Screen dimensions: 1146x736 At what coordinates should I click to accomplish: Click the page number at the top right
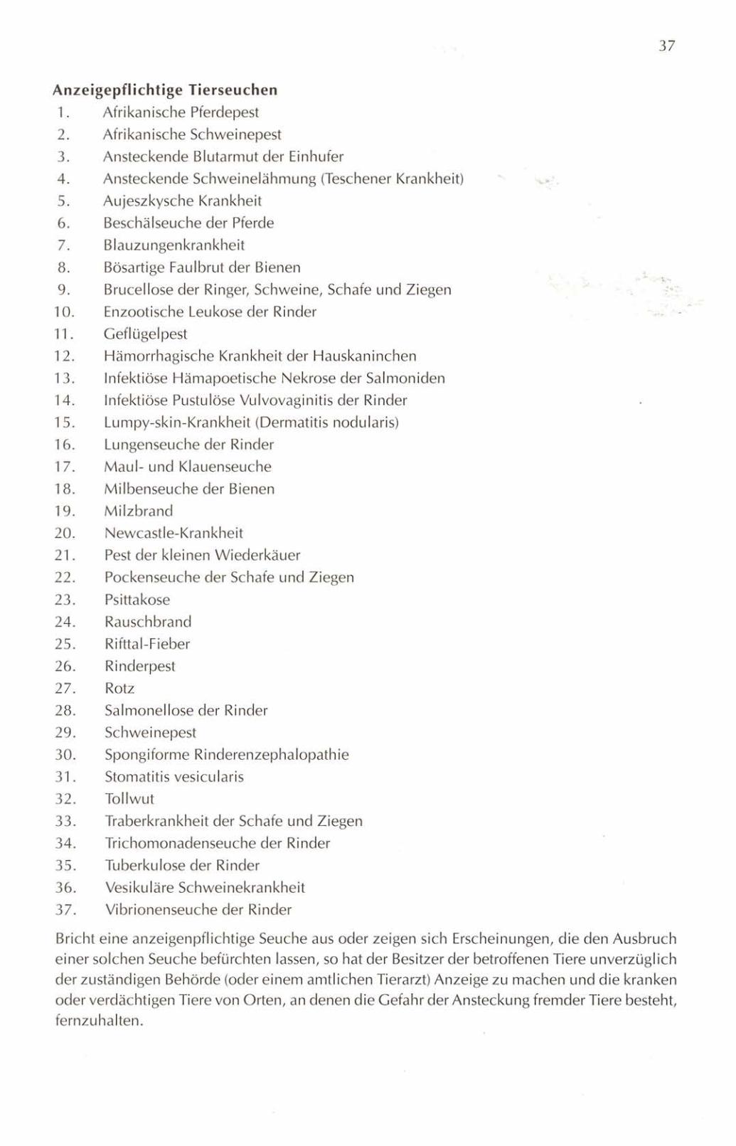(x=666, y=46)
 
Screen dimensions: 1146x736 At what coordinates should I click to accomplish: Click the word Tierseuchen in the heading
(x=233, y=90)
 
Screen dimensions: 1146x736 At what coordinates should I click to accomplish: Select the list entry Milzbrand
(x=139, y=511)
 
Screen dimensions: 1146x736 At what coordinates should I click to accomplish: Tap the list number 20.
(x=65, y=534)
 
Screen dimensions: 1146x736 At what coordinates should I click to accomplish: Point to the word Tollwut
(x=129, y=799)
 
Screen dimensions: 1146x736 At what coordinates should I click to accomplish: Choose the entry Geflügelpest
(x=145, y=334)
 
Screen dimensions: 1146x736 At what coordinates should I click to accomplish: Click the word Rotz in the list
(x=119, y=689)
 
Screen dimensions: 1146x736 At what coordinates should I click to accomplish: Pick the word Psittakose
(x=137, y=600)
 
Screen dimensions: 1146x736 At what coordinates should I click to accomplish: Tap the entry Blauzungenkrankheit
(x=174, y=245)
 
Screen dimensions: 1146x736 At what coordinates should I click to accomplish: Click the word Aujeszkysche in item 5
(x=145, y=201)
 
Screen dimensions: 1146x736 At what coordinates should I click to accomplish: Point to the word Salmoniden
(x=407, y=378)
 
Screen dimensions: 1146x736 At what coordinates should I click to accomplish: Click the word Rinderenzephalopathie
(x=272, y=755)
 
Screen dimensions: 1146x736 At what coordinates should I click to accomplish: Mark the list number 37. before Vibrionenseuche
(x=65, y=910)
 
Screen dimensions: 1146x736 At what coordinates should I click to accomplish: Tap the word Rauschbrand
(x=148, y=622)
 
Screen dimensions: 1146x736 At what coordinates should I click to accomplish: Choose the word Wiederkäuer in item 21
(x=260, y=556)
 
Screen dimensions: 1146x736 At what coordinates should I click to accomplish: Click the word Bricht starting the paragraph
(x=75, y=939)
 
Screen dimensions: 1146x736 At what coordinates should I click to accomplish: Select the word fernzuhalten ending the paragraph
(x=99, y=1022)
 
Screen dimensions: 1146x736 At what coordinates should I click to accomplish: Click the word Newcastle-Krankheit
(x=174, y=534)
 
